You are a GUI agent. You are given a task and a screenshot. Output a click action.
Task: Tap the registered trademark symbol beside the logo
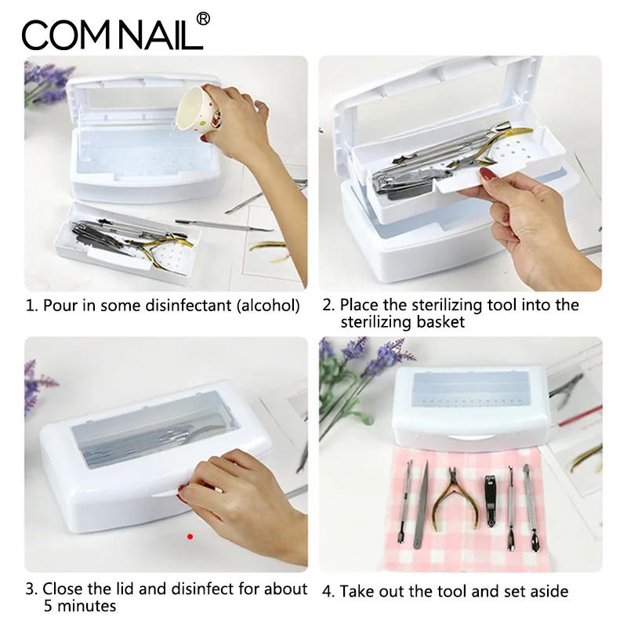click(202, 18)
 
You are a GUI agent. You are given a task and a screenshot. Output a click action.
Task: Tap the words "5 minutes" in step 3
click(79, 606)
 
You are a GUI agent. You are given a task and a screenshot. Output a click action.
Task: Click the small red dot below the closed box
click(190, 536)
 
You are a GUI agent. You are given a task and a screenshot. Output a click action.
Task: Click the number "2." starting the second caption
click(328, 305)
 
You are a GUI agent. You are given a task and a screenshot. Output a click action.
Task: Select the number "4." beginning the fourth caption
click(328, 591)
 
